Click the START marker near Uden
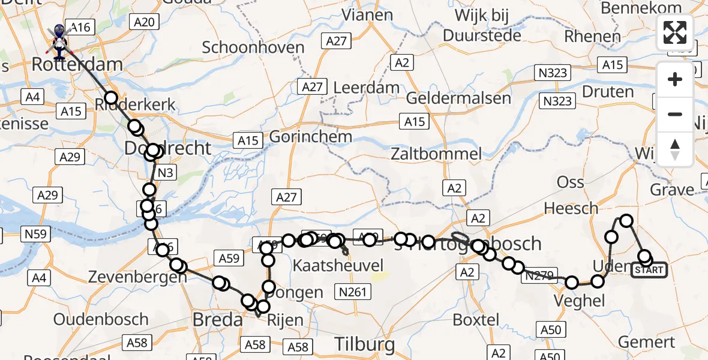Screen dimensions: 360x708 click(649, 270)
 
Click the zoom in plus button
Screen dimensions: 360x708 click(675, 79)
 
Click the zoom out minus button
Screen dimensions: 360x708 click(675, 114)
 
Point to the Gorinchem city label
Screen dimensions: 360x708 click(310, 137)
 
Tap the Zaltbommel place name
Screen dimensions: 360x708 click(436, 154)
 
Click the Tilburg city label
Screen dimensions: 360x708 click(364, 344)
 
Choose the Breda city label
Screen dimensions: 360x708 click(217, 320)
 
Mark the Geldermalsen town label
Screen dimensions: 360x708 click(459, 97)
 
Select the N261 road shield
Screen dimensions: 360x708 click(354, 292)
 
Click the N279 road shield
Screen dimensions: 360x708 click(539, 275)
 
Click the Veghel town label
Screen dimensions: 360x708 click(580, 301)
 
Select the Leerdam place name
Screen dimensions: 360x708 click(366, 87)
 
